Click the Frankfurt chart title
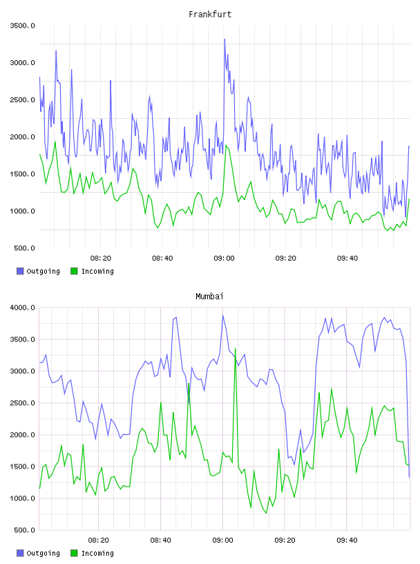[x=210, y=15]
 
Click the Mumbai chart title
[x=209, y=297]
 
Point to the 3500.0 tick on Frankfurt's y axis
[x=22, y=26]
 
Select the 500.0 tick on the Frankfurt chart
[x=24, y=248]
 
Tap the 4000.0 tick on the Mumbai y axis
[x=22, y=308]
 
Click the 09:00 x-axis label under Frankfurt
[x=224, y=258]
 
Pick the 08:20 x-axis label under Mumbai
[x=99, y=540]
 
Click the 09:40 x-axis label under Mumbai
[x=347, y=540]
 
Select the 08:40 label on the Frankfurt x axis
[x=162, y=258]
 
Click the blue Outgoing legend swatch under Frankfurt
[x=20, y=271]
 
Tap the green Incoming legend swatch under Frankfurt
[x=74, y=271]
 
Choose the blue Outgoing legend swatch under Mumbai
[x=20, y=553]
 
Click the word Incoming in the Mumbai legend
[x=97, y=553]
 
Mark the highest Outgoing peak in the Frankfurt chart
[x=225, y=39]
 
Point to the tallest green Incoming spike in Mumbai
[x=235, y=348]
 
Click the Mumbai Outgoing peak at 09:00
[x=223, y=315]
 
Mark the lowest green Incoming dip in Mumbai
[x=267, y=513]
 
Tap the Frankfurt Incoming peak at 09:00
[x=226, y=145]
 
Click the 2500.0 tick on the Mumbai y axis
[x=22, y=403]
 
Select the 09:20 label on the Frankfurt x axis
[x=285, y=258]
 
